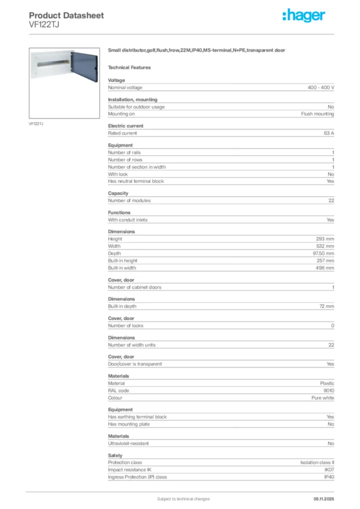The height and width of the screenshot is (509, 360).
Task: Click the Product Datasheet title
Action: [x=66, y=15]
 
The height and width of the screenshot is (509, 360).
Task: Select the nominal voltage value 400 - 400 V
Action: [x=321, y=87]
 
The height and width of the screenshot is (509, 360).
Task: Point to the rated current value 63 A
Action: [x=329, y=133]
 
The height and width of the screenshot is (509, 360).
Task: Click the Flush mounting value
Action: [x=317, y=114]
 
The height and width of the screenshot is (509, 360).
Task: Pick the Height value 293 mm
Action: [x=326, y=239]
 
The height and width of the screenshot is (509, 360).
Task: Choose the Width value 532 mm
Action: [x=326, y=246]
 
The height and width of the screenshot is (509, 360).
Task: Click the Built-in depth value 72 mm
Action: [x=327, y=307]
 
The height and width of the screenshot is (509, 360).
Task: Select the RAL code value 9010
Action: [x=329, y=391]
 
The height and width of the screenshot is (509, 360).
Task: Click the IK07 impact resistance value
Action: [x=329, y=470]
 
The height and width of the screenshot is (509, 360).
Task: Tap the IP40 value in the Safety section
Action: [x=329, y=477]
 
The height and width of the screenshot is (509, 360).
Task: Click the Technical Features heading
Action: [x=129, y=68]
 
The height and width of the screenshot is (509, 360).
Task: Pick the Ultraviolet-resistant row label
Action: [x=128, y=443]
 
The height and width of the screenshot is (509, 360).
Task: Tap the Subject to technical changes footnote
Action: [x=183, y=499]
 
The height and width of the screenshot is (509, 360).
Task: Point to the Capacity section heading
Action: [x=118, y=193]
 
